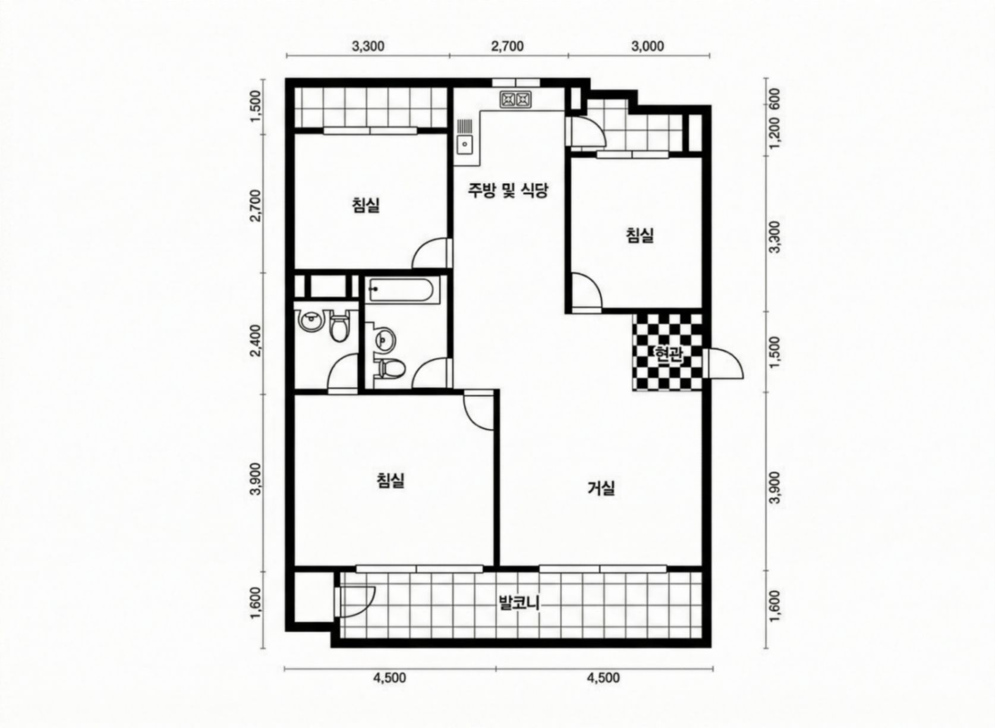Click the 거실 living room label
(x=601, y=489)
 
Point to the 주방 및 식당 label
(x=508, y=190)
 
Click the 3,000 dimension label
(x=648, y=46)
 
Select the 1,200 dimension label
(x=774, y=134)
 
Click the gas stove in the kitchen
(x=515, y=99)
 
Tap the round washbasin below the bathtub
(x=382, y=340)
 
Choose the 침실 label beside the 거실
(x=391, y=480)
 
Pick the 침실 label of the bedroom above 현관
(x=640, y=235)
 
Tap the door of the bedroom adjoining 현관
(x=586, y=291)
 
